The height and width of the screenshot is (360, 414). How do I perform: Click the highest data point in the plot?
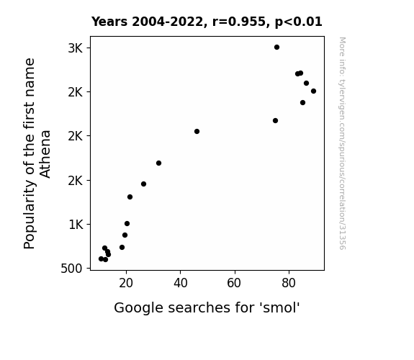(276, 48)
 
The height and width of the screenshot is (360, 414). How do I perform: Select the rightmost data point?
(313, 91)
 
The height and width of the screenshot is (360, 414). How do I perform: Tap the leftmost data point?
(101, 259)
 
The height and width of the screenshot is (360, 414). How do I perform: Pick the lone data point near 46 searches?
(197, 131)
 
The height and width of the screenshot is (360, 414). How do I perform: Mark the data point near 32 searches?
(158, 163)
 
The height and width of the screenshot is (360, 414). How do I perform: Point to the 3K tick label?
(76, 48)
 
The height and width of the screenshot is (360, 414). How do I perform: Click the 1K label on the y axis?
(76, 225)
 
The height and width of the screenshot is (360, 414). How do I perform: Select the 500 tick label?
(71, 269)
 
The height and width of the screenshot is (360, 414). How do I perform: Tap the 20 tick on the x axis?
(126, 283)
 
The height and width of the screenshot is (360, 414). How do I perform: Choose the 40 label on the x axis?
(181, 283)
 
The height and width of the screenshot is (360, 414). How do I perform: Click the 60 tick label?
(234, 283)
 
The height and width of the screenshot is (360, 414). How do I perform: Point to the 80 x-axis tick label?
(289, 283)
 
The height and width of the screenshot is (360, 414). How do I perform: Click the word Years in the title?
(109, 22)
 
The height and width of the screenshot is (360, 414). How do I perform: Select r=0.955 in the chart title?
(238, 22)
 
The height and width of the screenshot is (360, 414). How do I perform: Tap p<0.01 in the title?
(298, 22)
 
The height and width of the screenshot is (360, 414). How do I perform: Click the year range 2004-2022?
(167, 22)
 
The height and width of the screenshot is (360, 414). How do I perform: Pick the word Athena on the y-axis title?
(45, 154)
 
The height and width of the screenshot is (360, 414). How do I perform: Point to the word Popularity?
(29, 215)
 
